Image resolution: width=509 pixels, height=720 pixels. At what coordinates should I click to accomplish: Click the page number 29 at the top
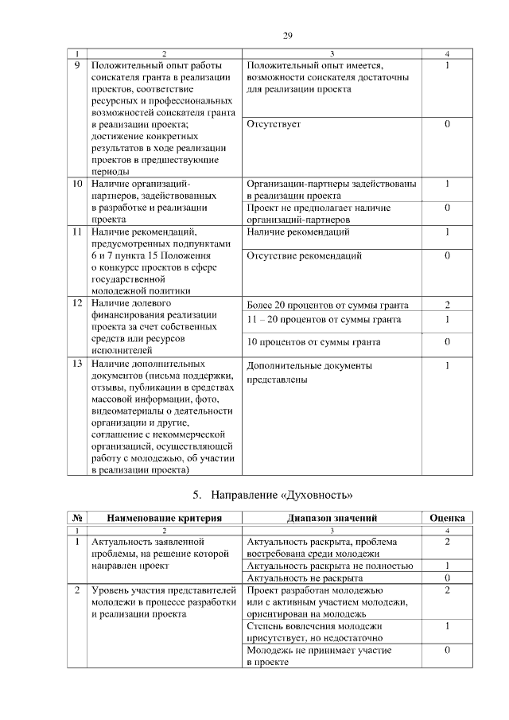click(x=289, y=34)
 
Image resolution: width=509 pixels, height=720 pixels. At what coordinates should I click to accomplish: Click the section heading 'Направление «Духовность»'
click(x=282, y=494)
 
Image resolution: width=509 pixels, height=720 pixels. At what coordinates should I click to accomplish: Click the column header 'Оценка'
click(x=447, y=517)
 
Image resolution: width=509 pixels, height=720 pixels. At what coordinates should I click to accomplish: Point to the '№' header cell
click(x=77, y=517)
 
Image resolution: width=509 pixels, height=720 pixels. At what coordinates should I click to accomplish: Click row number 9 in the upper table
click(x=77, y=65)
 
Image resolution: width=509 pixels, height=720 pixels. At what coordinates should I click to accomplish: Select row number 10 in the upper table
click(x=77, y=184)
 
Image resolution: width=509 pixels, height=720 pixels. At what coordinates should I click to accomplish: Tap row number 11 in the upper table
click(x=77, y=232)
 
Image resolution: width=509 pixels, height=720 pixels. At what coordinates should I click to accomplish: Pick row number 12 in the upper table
click(x=77, y=304)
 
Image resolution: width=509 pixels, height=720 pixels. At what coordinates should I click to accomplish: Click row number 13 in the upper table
click(x=77, y=364)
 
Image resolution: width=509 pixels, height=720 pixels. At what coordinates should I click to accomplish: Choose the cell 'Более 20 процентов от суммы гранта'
click(x=328, y=305)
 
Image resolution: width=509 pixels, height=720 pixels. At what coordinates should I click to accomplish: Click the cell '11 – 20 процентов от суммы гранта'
click(x=324, y=319)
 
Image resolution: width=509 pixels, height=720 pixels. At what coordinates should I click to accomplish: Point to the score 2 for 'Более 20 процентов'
click(x=447, y=305)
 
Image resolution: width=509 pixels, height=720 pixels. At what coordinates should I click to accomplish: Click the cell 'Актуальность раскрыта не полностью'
click(x=330, y=566)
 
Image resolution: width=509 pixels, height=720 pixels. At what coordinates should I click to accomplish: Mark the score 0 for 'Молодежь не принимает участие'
click(x=447, y=650)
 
